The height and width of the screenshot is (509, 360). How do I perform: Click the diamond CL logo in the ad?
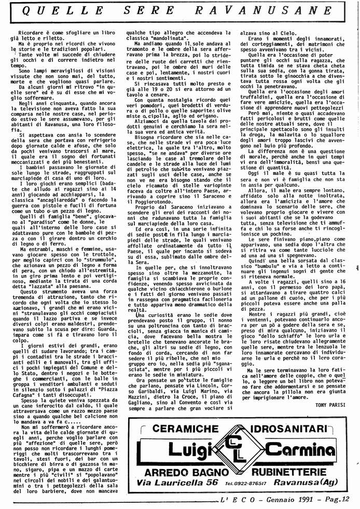pyautogui.click(x=243, y=436)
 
